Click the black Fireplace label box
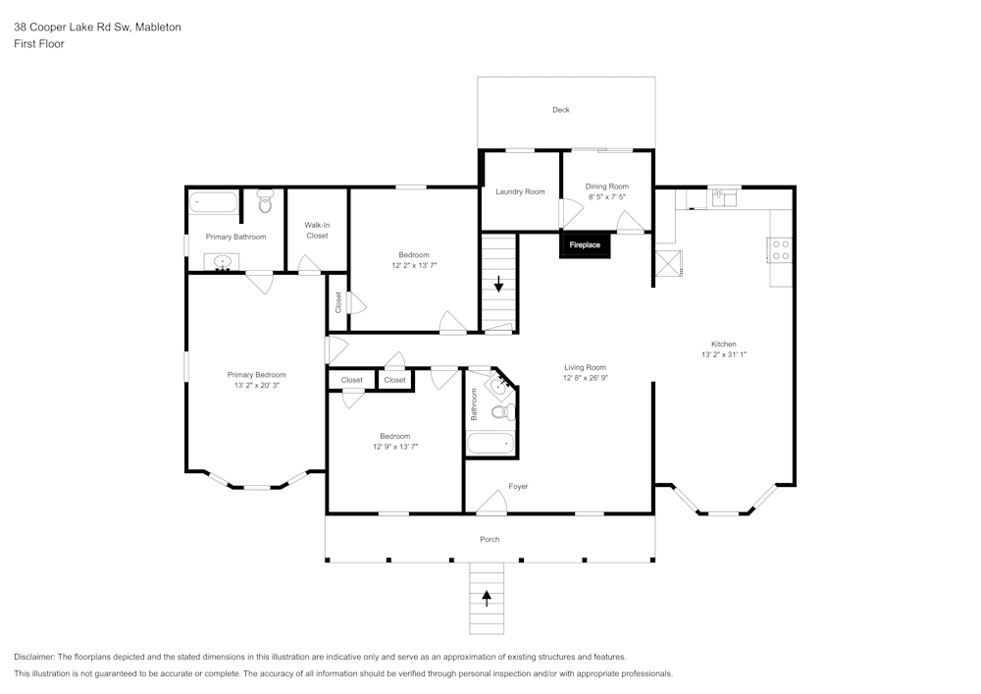point(586,244)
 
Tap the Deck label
point(560,110)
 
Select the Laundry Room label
point(520,191)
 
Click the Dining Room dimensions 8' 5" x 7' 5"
point(606,197)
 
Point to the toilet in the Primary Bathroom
point(265,203)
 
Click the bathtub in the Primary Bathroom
point(214,203)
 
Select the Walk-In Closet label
point(317,231)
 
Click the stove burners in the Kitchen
point(782,249)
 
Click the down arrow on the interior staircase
point(499,285)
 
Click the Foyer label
point(518,487)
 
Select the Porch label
point(490,539)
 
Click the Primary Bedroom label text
point(256,374)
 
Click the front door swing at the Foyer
point(491,503)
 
